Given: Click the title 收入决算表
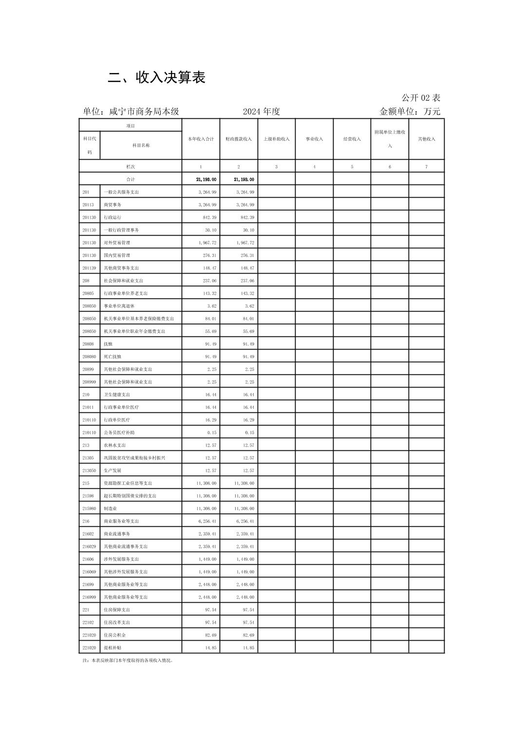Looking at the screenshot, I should [x=156, y=77].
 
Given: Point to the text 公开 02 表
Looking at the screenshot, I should [x=421, y=98].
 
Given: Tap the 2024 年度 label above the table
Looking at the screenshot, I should [x=261, y=111].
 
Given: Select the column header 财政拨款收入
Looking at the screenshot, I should [x=239, y=139].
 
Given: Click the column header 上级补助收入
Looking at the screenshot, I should [x=276, y=139].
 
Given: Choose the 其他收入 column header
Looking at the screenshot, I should [x=426, y=139].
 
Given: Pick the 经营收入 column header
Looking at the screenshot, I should [x=352, y=139].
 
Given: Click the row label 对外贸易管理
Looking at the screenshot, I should [x=117, y=242].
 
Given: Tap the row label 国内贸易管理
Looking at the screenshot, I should [x=117, y=255].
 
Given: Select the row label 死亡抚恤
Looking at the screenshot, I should [x=112, y=356].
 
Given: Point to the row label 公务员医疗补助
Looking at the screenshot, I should [x=119, y=432].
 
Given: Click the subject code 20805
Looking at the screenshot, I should [x=88, y=293].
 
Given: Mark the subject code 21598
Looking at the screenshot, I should [x=88, y=496].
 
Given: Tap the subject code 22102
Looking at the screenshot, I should [x=88, y=622].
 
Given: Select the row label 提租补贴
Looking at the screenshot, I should [x=112, y=647].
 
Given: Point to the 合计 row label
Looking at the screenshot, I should [x=131, y=179].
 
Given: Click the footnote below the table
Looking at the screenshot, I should [x=128, y=661].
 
